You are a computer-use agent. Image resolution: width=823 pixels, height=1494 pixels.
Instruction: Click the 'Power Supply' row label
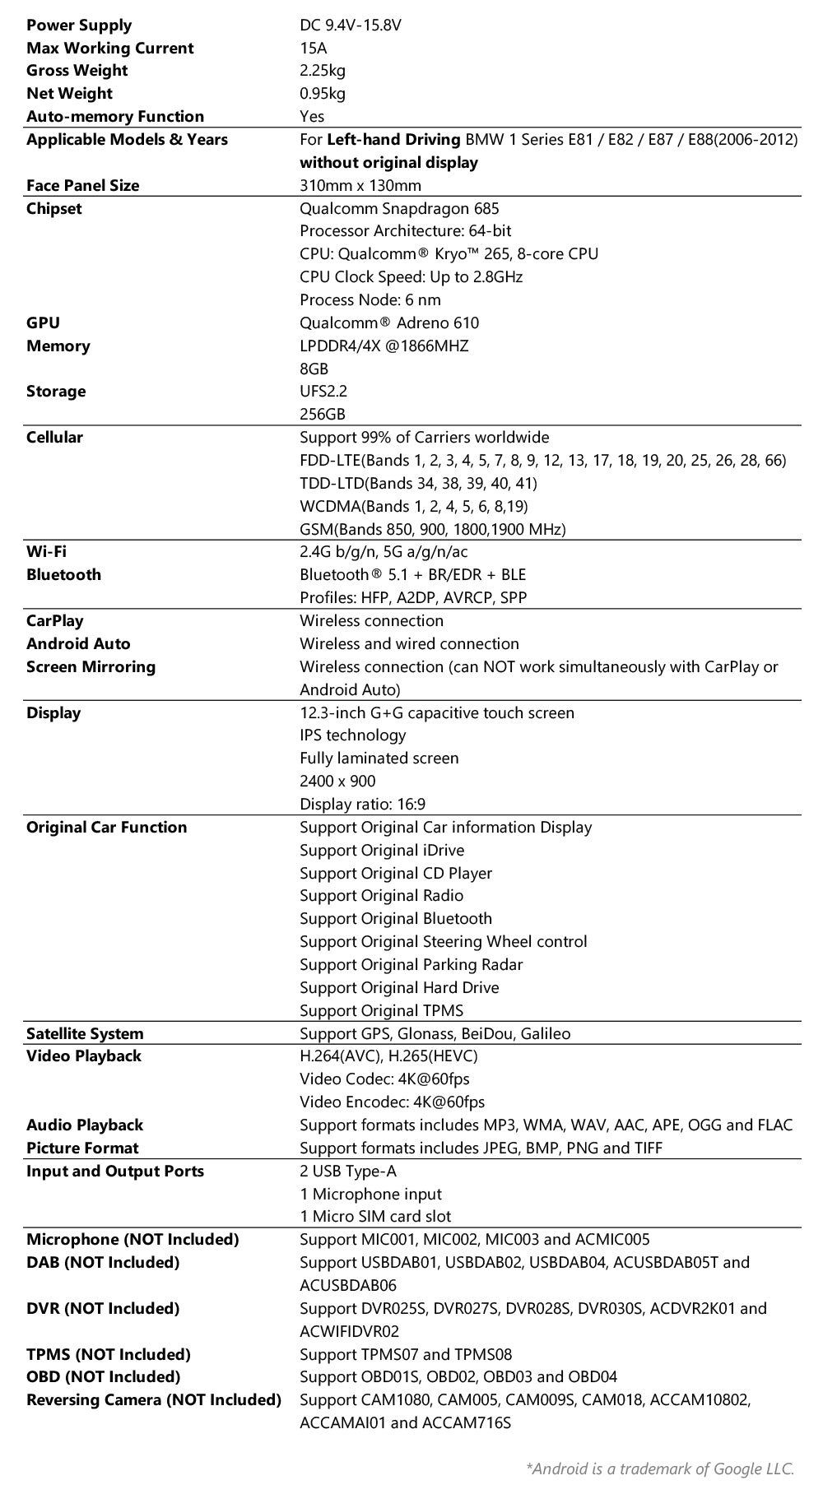[x=79, y=26]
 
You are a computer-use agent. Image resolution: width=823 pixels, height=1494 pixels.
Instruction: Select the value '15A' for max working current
[x=313, y=49]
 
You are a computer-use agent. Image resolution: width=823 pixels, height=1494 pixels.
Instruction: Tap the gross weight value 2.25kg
[x=323, y=71]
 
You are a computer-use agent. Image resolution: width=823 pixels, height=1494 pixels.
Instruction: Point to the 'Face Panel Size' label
[x=83, y=186]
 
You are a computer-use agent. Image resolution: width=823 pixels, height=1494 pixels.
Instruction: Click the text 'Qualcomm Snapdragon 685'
[x=399, y=209]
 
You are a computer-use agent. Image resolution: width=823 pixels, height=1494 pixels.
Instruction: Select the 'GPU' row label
[x=43, y=323]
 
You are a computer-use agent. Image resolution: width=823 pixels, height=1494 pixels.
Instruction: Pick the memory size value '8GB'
[x=314, y=369]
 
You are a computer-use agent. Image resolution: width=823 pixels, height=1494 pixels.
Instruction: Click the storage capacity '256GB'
[x=323, y=415]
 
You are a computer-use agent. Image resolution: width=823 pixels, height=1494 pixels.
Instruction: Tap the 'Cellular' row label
[x=54, y=438]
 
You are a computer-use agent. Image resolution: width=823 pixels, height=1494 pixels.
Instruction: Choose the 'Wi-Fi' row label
[x=46, y=552]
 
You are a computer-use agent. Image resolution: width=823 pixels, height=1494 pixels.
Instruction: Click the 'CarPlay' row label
[x=54, y=621]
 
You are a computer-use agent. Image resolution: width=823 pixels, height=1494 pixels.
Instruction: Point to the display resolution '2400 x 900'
[x=337, y=782]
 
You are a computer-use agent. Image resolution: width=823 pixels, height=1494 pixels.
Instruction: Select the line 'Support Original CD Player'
[x=396, y=874]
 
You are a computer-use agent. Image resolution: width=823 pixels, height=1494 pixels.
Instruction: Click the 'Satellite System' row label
[x=85, y=1034]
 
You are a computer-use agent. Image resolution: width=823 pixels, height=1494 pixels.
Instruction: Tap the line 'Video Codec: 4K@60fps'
[x=384, y=1079]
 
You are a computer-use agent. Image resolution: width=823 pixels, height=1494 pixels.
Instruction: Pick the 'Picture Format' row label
[x=82, y=1148]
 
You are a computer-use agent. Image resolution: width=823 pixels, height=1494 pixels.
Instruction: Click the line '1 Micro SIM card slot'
[x=375, y=1217]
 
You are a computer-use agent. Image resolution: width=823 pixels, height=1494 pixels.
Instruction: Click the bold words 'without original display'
[x=388, y=163]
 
